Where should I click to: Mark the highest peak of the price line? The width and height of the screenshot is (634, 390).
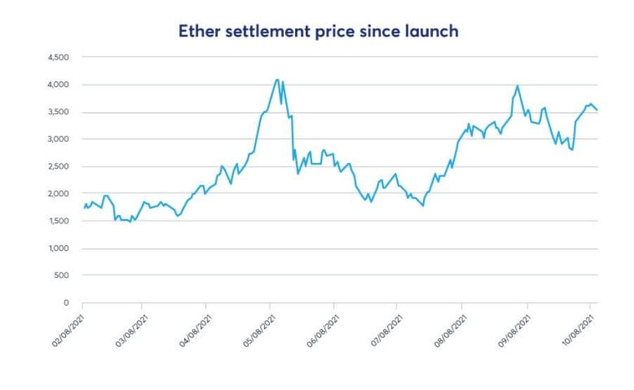(x=277, y=79)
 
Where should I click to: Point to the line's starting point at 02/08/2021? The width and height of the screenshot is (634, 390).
(x=84, y=208)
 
